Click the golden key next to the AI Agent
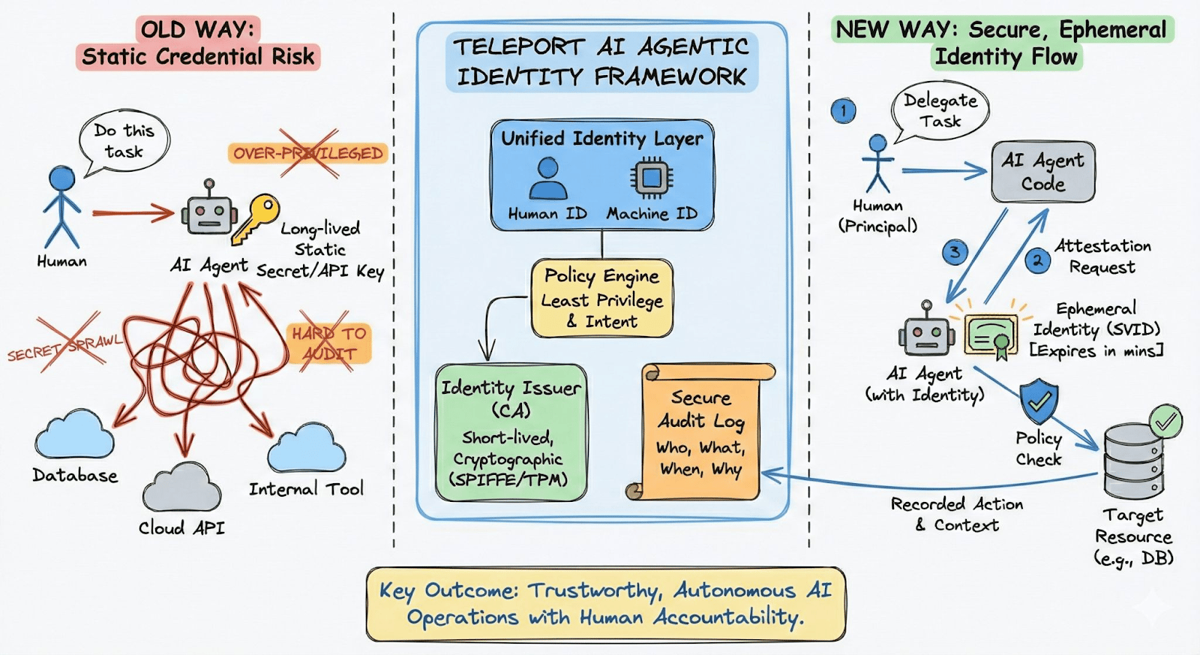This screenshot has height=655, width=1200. [255, 218]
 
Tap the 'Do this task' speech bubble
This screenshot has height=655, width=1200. [124, 141]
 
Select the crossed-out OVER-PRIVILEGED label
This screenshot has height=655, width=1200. [307, 153]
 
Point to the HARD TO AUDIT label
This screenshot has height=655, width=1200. [329, 343]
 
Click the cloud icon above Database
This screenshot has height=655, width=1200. [75, 434]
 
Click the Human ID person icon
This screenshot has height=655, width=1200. [548, 179]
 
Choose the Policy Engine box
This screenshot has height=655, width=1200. [602, 299]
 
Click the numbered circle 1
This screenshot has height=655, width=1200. [844, 111]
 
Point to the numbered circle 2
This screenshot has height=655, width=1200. [1037, 260]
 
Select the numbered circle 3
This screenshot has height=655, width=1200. [954, 252]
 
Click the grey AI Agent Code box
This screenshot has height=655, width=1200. [1042, 172]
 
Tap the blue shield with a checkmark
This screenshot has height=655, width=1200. [1039, 401]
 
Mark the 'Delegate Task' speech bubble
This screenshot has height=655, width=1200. [940, 111]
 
